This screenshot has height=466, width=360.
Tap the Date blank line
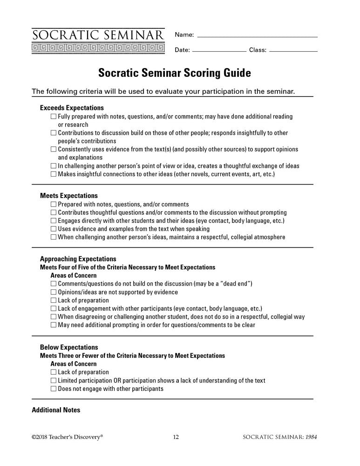click(x=219, y=50)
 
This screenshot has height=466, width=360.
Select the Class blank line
click(x=293, y=50)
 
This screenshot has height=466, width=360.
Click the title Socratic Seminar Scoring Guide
click(x=174, y=73)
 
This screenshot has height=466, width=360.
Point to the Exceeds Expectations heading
click(x=72, y=108)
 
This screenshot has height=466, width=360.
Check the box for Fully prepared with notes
click(x=54, y=116)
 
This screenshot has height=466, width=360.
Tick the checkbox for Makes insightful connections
click(x=54, y=174)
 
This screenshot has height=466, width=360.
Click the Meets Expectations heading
click(x=69, y=196)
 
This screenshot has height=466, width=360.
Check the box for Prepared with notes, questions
click(x=54, y=205)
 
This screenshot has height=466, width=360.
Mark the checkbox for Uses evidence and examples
click(x=54, y=229)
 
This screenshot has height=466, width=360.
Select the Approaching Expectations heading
click(x=78, y=259)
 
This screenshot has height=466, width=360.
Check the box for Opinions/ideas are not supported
click(x=54, y=292)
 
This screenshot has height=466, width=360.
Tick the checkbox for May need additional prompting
click(x=54, y=325)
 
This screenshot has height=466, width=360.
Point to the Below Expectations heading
click(x=69, y=348)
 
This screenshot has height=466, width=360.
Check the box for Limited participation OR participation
click(x=54, y=381)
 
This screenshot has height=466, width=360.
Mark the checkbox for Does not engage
click(x=54, y=389)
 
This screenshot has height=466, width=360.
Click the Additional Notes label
click(x=56, y=410)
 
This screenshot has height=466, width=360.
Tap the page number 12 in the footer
click(x=176, y=437)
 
